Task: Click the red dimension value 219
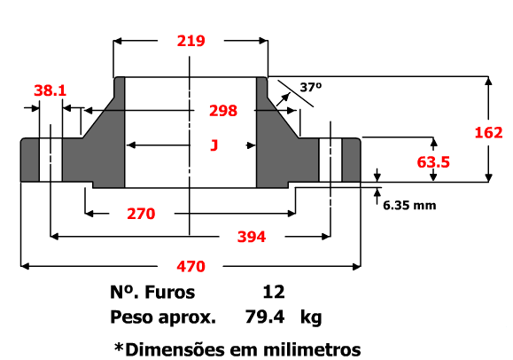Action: [191, 41]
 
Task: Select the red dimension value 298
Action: [223, 111]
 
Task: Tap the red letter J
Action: [214, 145]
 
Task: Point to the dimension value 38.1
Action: [50, 90]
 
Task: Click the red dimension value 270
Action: [141, 214]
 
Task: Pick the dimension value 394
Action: [252, 237]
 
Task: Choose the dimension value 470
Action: [191, 266]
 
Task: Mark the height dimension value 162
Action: [488, 133]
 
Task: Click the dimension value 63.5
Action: [433, 162]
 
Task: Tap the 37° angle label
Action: [311, 87]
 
